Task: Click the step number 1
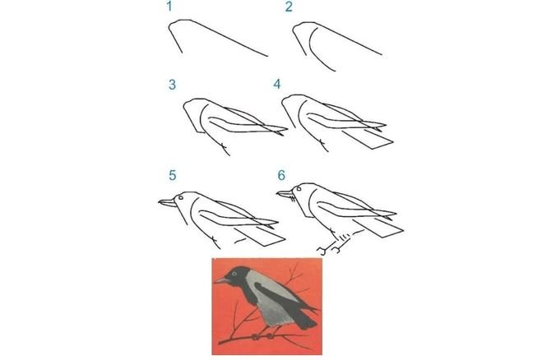tap(169, 7)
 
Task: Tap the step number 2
tap(289, 7)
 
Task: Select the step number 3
tap(172, 85)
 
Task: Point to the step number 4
tap(277, 85)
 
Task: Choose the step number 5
tap(173, 176)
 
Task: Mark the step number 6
tap(281, 176)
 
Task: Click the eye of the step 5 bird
tap(180, 197)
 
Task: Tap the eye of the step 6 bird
tap(299, 189)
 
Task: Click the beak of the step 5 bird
tap(167, 203)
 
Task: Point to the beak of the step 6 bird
tap(285, 194)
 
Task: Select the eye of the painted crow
tap(234, 274)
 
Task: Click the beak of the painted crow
tap(221, 279)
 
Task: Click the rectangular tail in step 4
tap(368, 139)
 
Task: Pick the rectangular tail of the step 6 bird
tap(378, 228)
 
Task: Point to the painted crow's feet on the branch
tap(262, 336)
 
